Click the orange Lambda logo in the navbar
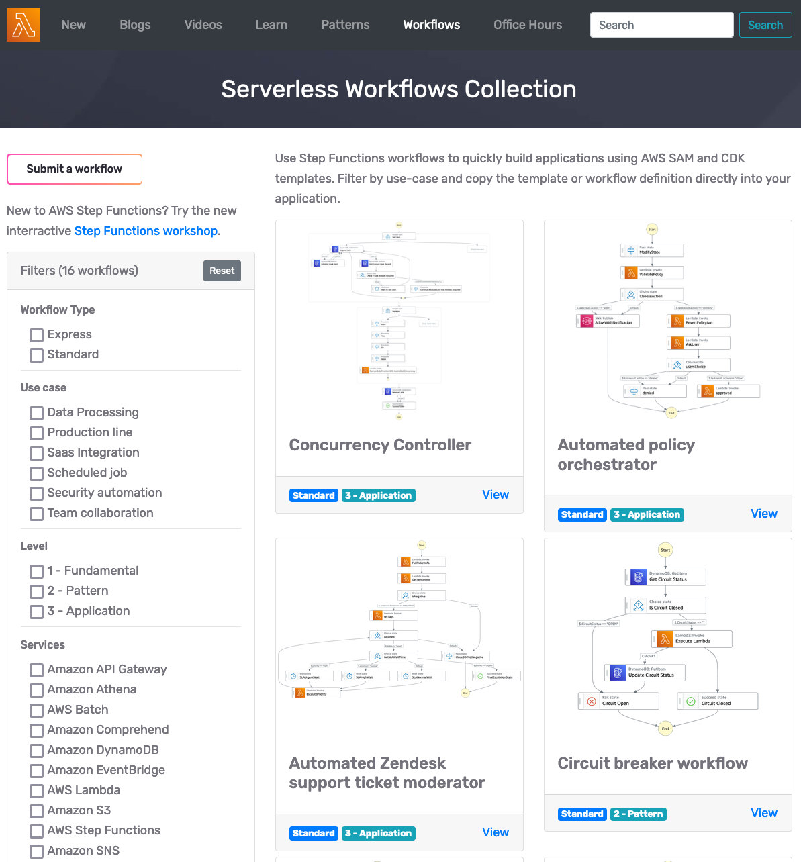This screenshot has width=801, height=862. point(23,25)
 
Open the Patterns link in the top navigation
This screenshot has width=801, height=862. point(345,25)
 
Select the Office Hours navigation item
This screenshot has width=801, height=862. point(528,25)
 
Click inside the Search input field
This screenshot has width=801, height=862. point(661,25)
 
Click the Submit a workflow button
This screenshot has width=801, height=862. point(75,169)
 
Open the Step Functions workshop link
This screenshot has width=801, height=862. point(146,231)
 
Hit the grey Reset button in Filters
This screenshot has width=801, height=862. point(222,271)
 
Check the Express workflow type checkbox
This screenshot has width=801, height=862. point(37,335)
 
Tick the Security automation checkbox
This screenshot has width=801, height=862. point(37,493)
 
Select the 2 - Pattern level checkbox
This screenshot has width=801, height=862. point(37,591)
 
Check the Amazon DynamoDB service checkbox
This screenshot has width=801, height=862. point(37,751)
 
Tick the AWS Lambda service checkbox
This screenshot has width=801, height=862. point(37,791)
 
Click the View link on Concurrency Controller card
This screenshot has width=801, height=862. point(496,495)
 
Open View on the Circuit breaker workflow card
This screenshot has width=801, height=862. point(764,813)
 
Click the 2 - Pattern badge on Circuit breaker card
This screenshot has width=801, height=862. point(639,814)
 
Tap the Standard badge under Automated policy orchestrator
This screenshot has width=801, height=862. point(582,515)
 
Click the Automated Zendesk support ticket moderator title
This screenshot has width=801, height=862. point(387,773)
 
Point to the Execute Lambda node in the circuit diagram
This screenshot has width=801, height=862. point(692,638)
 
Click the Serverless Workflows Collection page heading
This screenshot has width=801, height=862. point(399,89)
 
